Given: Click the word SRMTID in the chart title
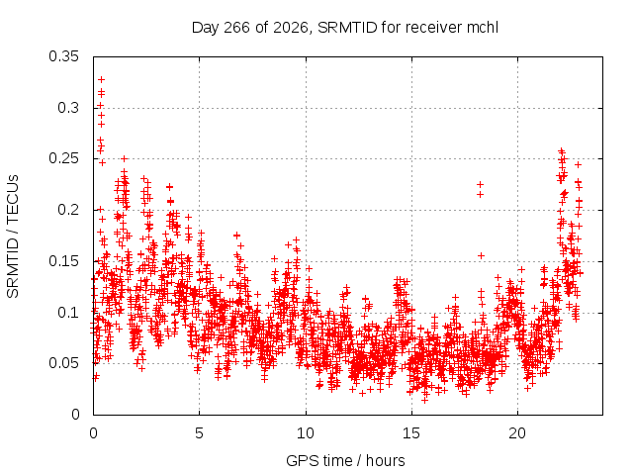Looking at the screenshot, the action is point(347,28).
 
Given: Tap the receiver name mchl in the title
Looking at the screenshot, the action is point(483,28).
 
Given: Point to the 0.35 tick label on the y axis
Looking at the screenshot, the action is point(63,56).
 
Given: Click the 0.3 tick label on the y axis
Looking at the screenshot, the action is point(68,108).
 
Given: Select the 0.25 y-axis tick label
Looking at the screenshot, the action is point(63,158).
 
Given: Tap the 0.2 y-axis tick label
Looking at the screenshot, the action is point(68,210).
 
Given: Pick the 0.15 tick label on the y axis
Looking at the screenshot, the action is point(63,261).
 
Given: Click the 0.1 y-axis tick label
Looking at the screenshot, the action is point(68,313).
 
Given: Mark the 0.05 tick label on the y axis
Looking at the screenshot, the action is point(63,363).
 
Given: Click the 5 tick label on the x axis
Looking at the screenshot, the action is point(200,433).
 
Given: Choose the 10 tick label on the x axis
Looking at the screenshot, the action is point(306,433).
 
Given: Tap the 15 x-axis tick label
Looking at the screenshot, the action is point(411,433).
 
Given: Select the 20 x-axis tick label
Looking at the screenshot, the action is point(517,433).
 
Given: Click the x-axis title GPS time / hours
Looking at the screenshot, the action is point(345,460).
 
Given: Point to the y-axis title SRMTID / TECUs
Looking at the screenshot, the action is point(13,237).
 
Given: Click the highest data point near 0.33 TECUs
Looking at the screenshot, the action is point(101,79).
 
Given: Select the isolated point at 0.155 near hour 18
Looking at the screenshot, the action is point(481,255).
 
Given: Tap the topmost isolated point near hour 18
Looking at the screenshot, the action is point(480,185).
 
